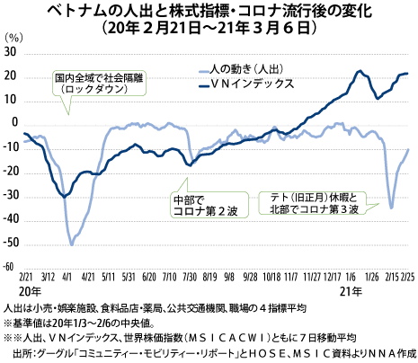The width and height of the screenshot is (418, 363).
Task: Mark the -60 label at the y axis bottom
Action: tap(10, 267)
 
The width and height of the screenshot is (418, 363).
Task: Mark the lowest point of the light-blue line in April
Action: tap(72, 243)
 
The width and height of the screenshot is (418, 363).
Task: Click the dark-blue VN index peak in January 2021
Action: tap(360, 71)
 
